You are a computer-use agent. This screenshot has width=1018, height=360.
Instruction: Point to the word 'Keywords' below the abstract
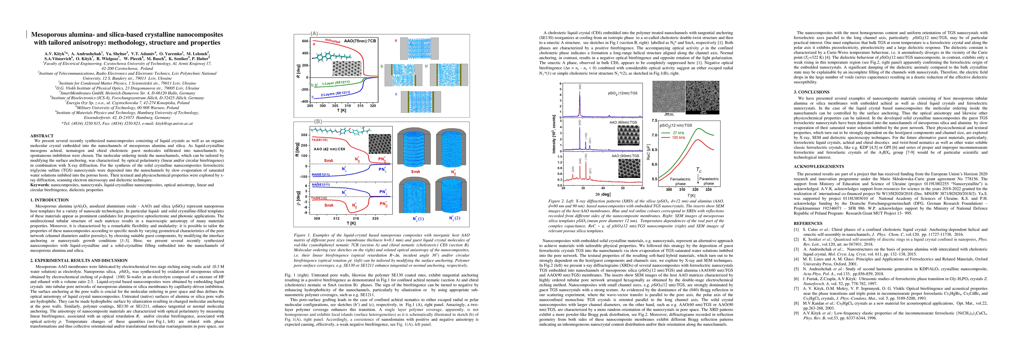[40, 184]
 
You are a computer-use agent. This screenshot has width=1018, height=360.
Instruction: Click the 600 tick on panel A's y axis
[305, 41]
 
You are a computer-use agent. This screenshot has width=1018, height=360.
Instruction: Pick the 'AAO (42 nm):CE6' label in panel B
[329, 149]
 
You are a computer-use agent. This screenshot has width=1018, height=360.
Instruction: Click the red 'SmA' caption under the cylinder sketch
[415, 172]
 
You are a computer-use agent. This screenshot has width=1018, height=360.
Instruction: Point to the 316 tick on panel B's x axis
[356, 218]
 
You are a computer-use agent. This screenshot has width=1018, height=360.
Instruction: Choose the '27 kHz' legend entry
[679, 133]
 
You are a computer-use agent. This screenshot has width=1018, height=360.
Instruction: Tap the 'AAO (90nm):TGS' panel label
[624, 156]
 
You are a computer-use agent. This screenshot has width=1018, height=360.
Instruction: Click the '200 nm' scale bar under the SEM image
[669, 114]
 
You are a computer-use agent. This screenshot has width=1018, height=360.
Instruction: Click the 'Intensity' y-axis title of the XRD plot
[554, 134]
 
